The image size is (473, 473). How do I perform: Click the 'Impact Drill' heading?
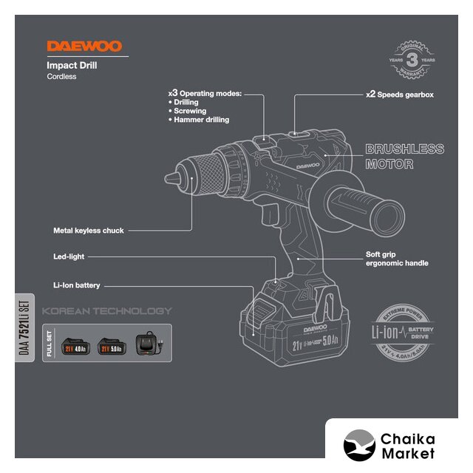coord(72,65)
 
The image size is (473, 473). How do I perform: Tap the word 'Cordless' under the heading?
coord(62,77)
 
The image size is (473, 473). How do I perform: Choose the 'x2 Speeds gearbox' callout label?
coord(399,95)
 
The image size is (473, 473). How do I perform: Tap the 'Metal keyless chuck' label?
coord(89,231)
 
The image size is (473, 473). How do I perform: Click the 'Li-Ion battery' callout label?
coord(76,285)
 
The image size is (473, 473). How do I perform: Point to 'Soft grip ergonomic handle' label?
coord(397,259)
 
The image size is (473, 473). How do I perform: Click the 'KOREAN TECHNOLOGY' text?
coord(106,311)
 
